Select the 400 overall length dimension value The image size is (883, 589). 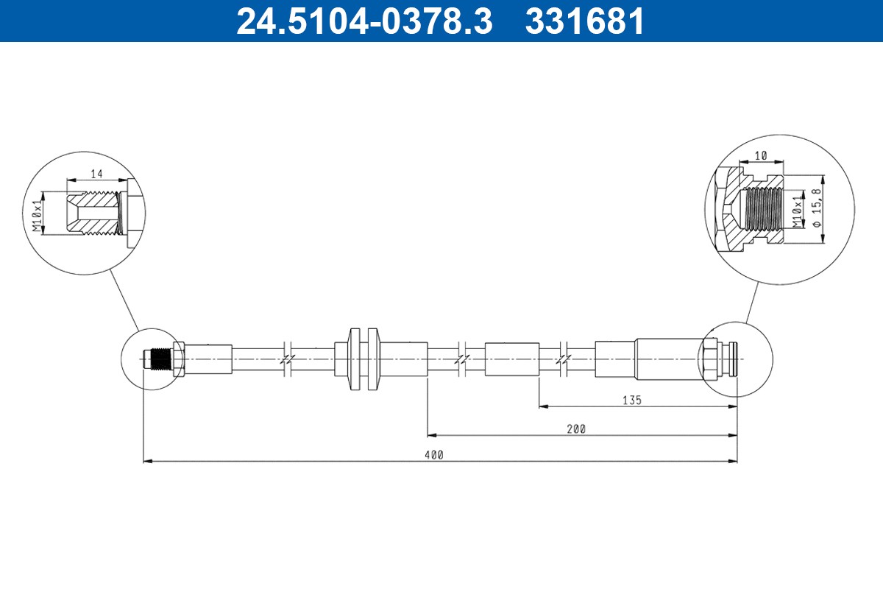pyautogui.click(x=434, y=455)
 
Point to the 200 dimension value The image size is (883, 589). pyautogui.click(x=577, y=429)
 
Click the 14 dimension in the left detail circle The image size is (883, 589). pyautogui.click(x=96, y=174)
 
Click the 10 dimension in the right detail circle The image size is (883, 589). pyautogui.click(x=761, y=156)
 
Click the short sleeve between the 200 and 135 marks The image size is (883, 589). pyautogui.click(x=511, y=359)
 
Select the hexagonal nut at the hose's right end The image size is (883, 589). pyautogui.click(x=710, y=359)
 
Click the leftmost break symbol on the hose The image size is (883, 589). pyautogui.click(x=287, y=359)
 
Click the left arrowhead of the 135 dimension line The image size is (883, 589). pyautogui.click(x=543, y=406)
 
